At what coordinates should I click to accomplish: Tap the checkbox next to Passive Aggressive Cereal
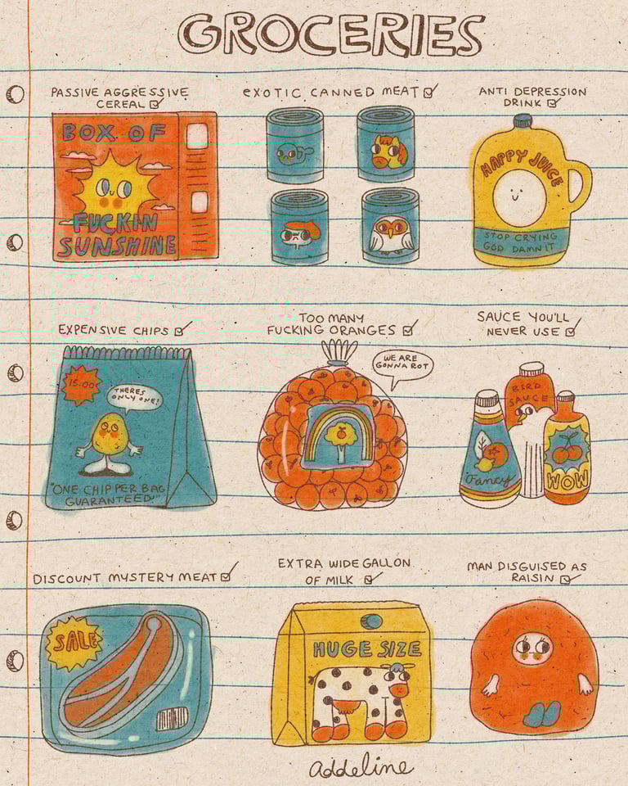point(155,104)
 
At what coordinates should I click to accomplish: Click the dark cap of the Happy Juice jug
point(522,121)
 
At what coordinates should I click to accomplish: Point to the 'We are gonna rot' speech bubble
point(402,364)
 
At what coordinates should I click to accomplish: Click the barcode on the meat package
point(172,719)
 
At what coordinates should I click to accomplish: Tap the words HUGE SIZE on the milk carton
point(366,649)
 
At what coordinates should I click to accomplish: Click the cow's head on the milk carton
point(397,679)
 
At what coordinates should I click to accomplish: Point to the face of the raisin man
point(532,648)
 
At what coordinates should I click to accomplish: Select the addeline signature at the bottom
point(361,767)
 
